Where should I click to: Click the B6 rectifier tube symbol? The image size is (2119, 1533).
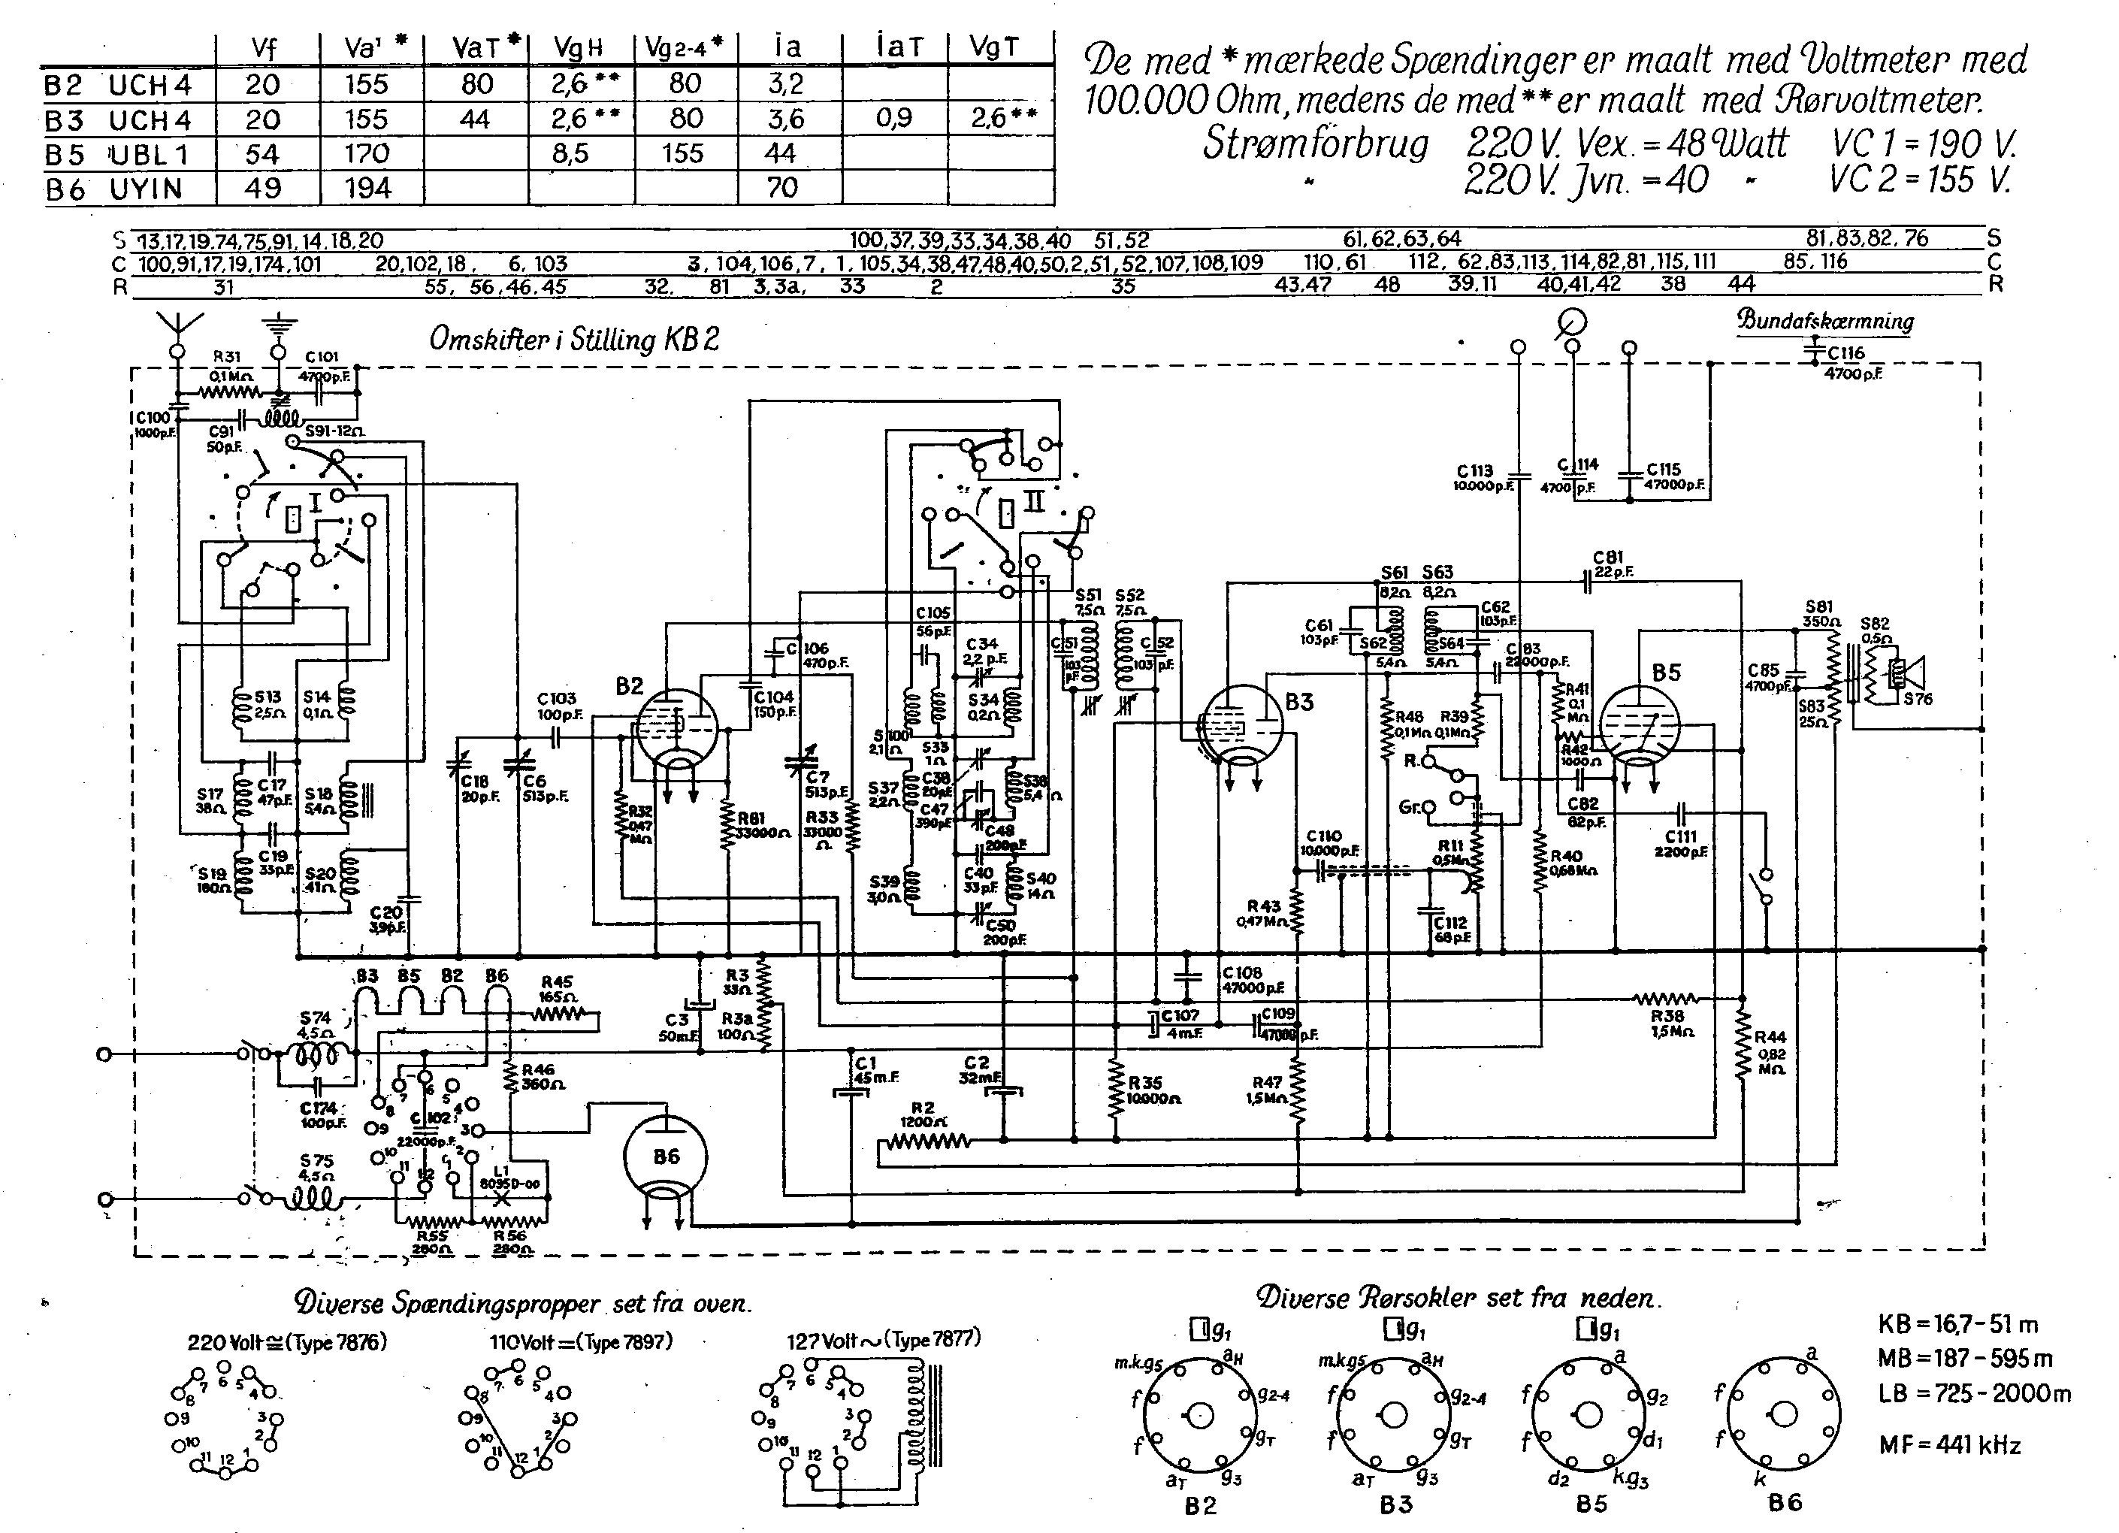(664, 1157)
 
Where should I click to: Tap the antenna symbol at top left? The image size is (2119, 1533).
(175, 327)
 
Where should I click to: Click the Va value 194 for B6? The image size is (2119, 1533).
(367, 189)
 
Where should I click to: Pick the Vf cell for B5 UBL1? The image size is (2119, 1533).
(262, 154)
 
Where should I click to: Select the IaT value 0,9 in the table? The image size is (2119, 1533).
(893, 119)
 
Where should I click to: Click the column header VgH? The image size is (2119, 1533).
(579, 47)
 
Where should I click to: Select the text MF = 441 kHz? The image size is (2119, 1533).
(1950, 1445)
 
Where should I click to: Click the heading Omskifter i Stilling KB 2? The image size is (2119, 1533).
(573, 339)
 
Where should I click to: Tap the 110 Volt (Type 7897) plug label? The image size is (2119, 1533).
(580, 1341)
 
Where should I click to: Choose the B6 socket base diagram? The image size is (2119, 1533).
(1784, 1415)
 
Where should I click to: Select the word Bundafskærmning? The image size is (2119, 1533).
(1824, 320)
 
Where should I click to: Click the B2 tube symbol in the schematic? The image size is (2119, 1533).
(676, 729)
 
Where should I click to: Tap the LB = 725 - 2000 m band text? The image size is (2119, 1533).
(1973, 1393)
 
